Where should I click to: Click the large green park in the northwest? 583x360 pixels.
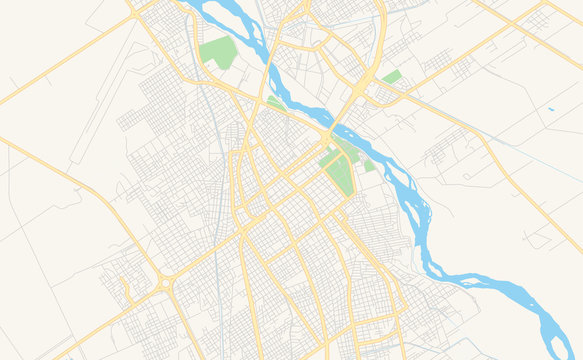(219, 52)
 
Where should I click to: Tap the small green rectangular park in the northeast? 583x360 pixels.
(392, 77)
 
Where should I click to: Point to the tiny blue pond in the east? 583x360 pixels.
(550, 109)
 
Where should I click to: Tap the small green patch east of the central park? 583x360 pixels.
(369, 165)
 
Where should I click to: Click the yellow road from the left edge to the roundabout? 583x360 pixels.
(80, 185)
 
